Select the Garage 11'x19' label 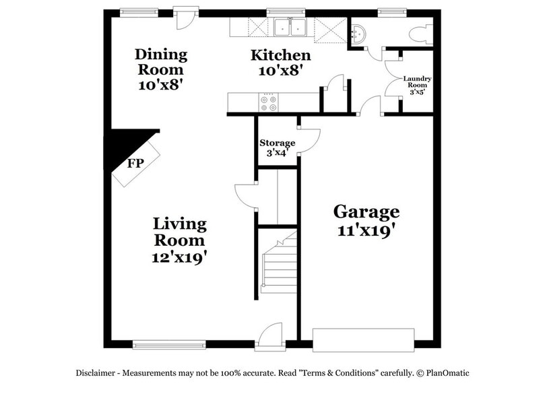366,220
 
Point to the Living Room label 179,239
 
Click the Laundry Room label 417,86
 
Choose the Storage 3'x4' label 278,147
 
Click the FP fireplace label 135,164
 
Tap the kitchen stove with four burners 268,102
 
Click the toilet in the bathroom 422,32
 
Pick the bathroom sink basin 360,31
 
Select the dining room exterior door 181,17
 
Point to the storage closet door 307,139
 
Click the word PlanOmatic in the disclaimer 446,372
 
